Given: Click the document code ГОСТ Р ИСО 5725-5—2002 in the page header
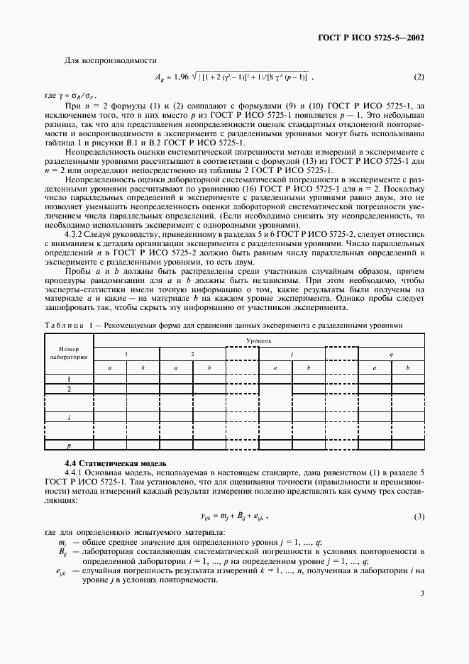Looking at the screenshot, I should (374, 38).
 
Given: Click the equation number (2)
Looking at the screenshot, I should (419, 77).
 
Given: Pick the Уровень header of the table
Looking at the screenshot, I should (259, 341).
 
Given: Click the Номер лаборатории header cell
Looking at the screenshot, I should (69, 353).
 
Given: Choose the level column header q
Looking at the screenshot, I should (392, 353).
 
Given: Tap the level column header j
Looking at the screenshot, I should (292, 353).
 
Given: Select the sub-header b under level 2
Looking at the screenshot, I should (209, 367).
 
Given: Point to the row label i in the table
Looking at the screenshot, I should (69, 418).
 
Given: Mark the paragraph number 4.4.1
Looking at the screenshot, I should (76, 472).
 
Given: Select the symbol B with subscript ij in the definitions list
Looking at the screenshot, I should (62, 551).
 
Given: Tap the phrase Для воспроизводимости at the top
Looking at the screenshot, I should (101, 61).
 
